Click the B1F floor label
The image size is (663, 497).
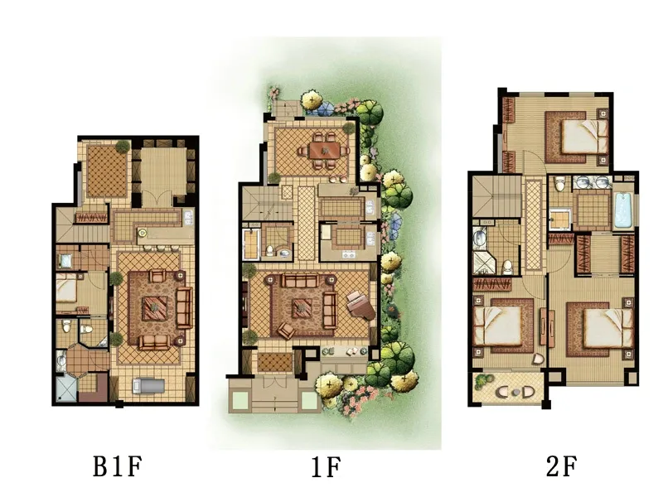click(x=117, y=466)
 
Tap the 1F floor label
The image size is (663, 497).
click(x=325, y=467)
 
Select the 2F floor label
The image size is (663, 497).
click(x=561, y=466)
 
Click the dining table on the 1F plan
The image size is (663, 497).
click(x=324, y=150)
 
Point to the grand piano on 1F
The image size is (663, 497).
click(x=361, y=305)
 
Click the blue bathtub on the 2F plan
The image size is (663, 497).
click(x=624, y=210)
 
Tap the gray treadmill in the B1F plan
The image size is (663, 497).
click(x=148, y=386)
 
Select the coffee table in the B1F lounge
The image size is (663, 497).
click(x=155, y=308)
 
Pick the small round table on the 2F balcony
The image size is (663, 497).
click(x=515, y=392)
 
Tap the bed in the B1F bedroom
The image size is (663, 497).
click(x=66, y=287)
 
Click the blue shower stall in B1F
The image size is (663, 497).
click(x=66, y=388)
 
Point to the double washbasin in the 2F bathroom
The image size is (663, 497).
click(x=592, y=182)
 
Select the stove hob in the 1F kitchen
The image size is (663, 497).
click(x=348, y=254)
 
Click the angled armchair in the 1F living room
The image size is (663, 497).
click(x=286, y=330)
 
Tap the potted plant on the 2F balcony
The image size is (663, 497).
click(x=482, y=381)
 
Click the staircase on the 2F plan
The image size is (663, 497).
click(x=496, y=196)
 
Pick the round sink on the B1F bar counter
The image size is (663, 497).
click(x=143, y=232)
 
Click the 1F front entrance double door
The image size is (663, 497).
click(x=274, y=381)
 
